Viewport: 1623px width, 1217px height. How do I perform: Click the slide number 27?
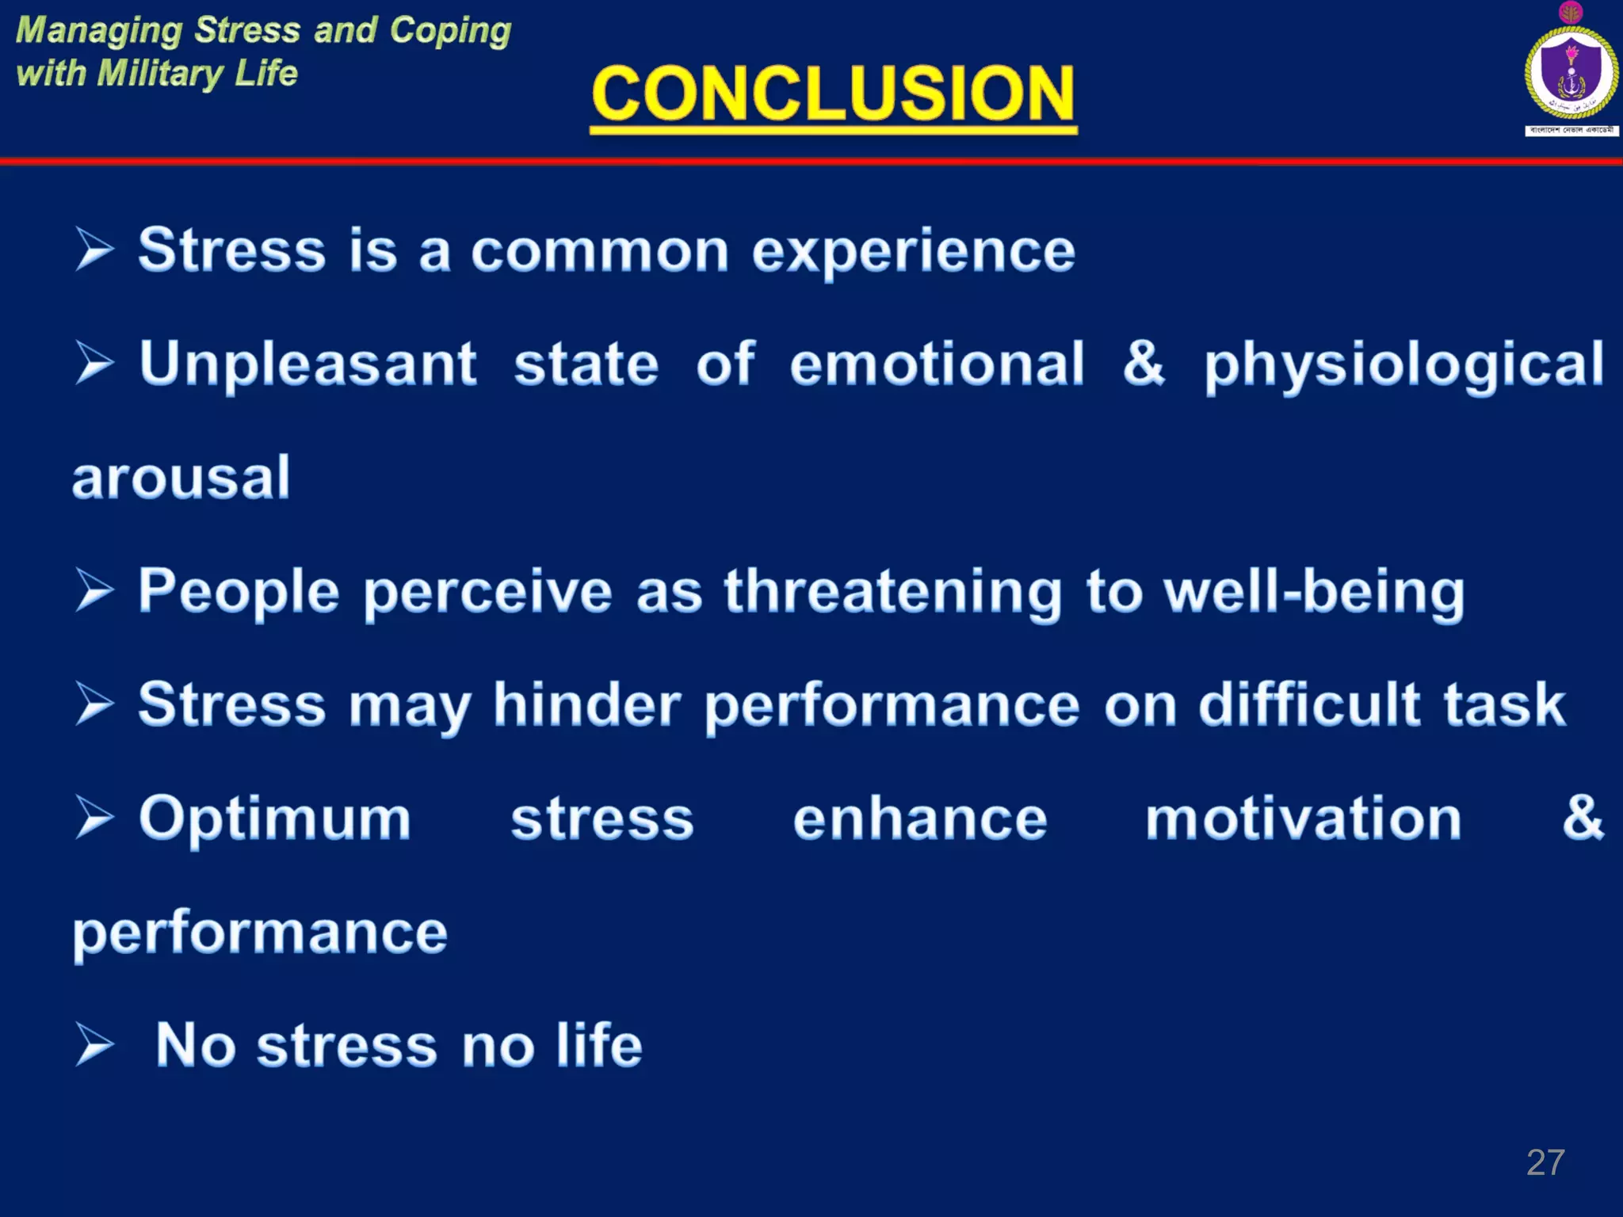coord(1545,1162)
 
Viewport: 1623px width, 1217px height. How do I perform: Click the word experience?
coord(913,252)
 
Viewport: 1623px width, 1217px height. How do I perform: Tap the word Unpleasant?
coord(307,364)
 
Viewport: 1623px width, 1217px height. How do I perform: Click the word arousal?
coord(181,478)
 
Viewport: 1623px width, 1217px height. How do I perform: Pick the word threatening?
coord(892,593)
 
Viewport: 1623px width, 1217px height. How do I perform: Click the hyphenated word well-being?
coord(1314,593)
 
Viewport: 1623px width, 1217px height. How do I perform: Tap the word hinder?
coord(586,704)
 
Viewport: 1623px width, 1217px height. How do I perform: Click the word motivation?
coord(1303,818)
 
